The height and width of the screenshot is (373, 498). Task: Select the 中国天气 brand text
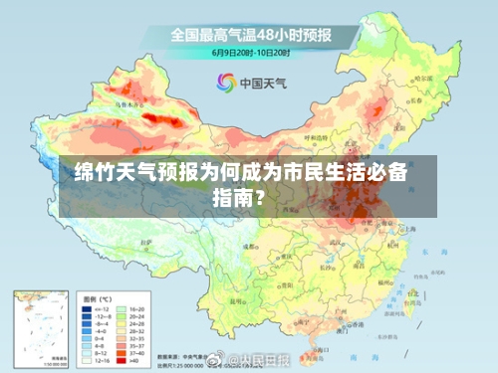tap(263, 83)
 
